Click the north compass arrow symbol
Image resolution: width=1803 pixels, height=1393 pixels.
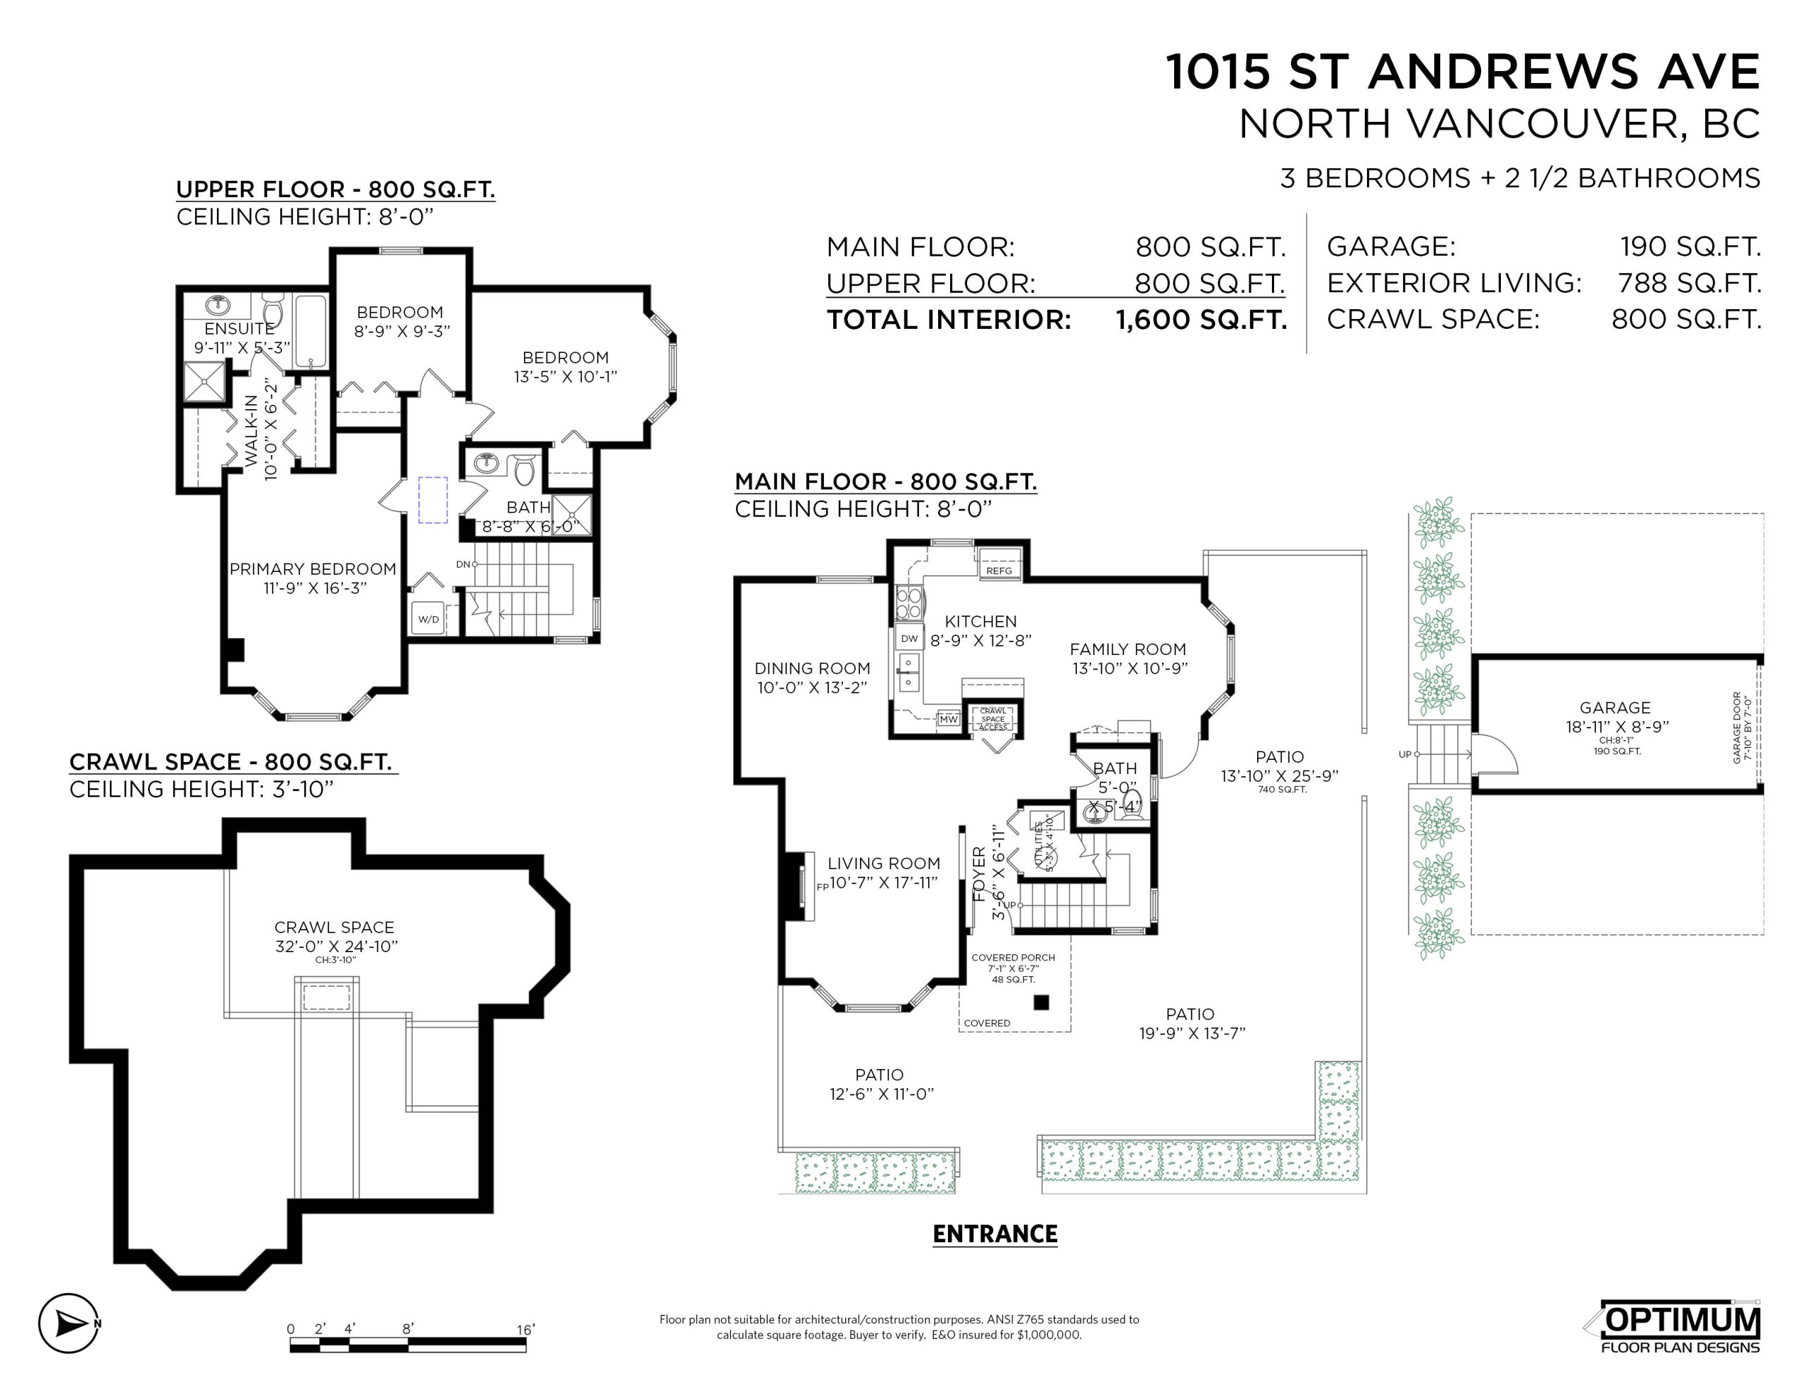pos(69,1324)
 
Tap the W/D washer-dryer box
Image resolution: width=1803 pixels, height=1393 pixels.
pos(428,619)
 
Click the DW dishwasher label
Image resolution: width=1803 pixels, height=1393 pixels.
pos(909,638)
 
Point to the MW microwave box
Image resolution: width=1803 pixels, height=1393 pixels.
pos(949,719)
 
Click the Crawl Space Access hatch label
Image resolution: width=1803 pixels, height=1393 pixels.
pos(993,718)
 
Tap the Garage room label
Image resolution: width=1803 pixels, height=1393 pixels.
pos(1615,708)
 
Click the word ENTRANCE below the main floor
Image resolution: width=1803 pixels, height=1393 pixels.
pos(994,1234)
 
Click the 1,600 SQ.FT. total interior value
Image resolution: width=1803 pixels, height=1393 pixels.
pos(1201,320)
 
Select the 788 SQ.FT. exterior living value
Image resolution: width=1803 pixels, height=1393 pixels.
pos(1689,283)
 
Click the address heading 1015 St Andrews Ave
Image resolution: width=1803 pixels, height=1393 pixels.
pos(1463,71)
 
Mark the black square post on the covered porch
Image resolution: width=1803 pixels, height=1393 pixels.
pos(1041,1002)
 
